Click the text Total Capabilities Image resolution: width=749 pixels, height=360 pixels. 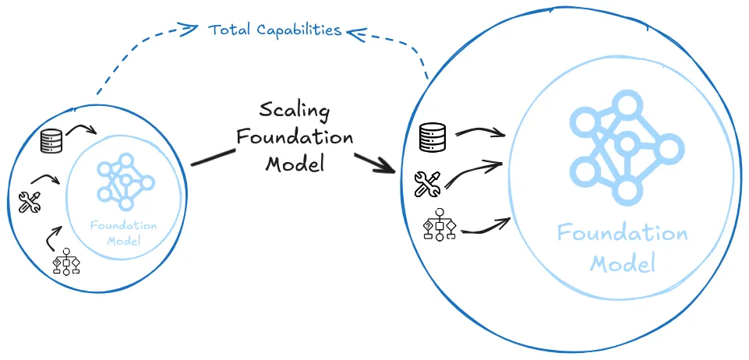click(275, 30)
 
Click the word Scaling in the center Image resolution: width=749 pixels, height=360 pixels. click(295, 110)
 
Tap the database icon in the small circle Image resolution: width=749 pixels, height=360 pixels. click(51, 142)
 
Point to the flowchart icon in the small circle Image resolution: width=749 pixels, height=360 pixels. click(66, 263)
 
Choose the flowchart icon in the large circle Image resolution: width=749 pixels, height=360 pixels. click(439, 226)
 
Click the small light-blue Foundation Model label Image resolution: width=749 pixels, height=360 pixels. click(123, 233)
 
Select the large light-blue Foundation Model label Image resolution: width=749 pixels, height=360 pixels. click(622, 247)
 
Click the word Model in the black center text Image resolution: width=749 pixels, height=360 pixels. click(295, 164)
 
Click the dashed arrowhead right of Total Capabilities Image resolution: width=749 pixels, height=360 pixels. click(355, 31)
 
